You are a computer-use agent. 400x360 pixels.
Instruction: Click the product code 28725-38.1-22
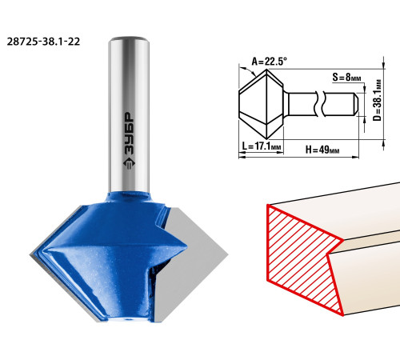[x=43, y=42]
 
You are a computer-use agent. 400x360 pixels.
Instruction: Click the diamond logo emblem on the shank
[x=130, y=166]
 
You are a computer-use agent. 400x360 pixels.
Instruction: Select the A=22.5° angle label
[x=270, y=62]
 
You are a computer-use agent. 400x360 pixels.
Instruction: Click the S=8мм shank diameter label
[x=346, y=78]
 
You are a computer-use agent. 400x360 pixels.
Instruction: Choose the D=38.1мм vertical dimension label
[x=378, y=100]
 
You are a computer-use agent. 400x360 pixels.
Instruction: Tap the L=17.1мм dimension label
[x=262, y=146]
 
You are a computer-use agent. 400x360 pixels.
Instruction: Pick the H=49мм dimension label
[x=322, y=150]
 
